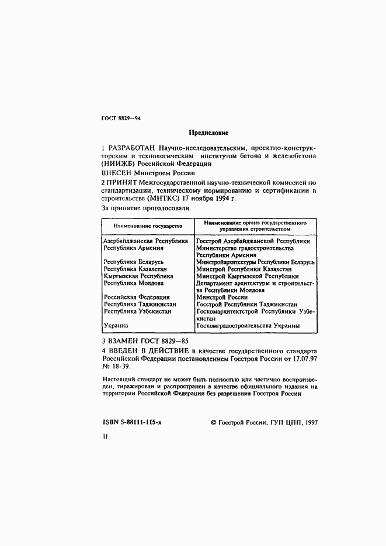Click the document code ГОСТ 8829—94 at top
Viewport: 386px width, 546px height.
pyautogui.click(x=121, y=119)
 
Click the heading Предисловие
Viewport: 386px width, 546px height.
pyautogui.click(x=208, y=133)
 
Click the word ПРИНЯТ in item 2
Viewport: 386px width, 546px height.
pyautogui.click(x=120, y=183)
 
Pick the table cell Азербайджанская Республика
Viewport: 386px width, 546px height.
pyautogui.click(x=145, y=241)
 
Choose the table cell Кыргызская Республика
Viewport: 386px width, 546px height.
pyautogui.click(x=138, y=276)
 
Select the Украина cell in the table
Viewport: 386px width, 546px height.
pyautogui.click(x=116, y=325)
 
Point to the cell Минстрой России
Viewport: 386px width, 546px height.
pyautogui.click(x=221, y=297)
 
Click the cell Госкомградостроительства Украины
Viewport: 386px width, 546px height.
pyautogui.click(x=248, y=325)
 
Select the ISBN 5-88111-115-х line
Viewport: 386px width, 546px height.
pyautogui.click(x=131, y=422)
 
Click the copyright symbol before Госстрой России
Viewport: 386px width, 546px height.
pyautogui.click(x=213, y=422)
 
